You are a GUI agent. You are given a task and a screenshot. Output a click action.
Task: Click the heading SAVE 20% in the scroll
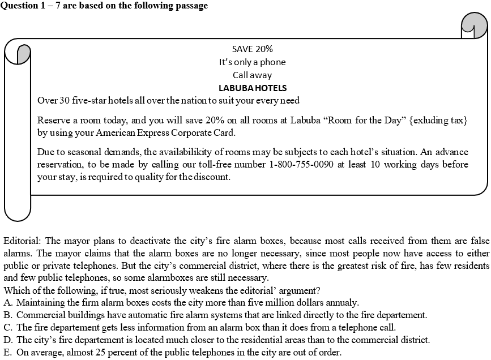click(x=252, y=49)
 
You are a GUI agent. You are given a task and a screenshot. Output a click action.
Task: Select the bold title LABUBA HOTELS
click(x=252, y=88)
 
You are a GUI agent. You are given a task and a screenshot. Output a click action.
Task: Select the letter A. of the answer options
click(x=7, y=302)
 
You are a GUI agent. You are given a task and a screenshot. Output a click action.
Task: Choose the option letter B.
click(x=7, y=315)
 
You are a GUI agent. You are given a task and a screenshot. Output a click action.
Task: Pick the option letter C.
click(x=7, y=327)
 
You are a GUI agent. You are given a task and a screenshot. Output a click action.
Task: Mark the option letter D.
click(x=7, y=340)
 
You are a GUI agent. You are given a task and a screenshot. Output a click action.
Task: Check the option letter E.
click(x=7, y=352)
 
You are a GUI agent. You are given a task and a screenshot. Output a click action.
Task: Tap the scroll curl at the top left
click(x=21, y=54)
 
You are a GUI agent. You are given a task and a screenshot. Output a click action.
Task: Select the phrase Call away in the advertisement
click(x=252, y=75)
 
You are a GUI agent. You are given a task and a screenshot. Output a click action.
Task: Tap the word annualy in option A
click(x=340, y=302)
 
